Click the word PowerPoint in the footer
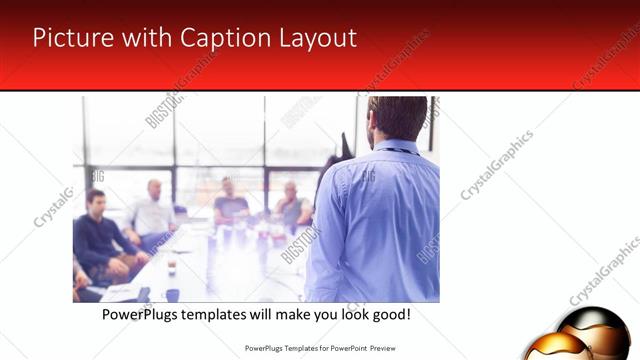click(340, 349)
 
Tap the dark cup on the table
click(171, 266)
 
